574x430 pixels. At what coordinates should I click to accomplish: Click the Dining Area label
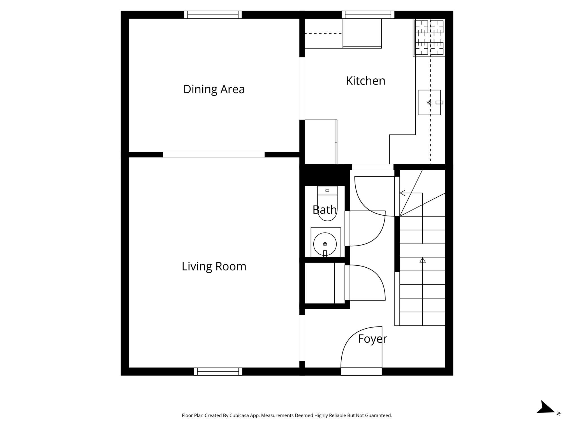point(214,89)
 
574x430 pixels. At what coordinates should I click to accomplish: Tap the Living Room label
point(214,266)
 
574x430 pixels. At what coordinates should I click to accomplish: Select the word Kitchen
point(365,81)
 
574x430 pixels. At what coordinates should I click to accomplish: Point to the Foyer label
point(372,339)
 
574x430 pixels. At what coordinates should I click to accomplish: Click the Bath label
point(325,210)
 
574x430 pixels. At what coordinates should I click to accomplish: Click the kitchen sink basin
point(429,102)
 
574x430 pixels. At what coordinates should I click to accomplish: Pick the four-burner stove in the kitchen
point(429,38)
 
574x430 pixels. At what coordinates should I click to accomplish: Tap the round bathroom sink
point(325,244)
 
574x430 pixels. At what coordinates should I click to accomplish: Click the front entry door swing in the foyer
point(359,347)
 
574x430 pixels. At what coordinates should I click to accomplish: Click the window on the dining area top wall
point(213,15)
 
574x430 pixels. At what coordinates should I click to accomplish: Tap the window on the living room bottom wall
point(218,371)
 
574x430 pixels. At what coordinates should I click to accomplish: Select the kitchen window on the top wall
point(368,15)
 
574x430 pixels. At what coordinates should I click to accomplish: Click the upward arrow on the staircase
point(422,260)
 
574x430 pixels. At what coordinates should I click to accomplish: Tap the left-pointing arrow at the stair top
point(403,193)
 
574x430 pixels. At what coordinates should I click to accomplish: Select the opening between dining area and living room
point(214,155)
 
